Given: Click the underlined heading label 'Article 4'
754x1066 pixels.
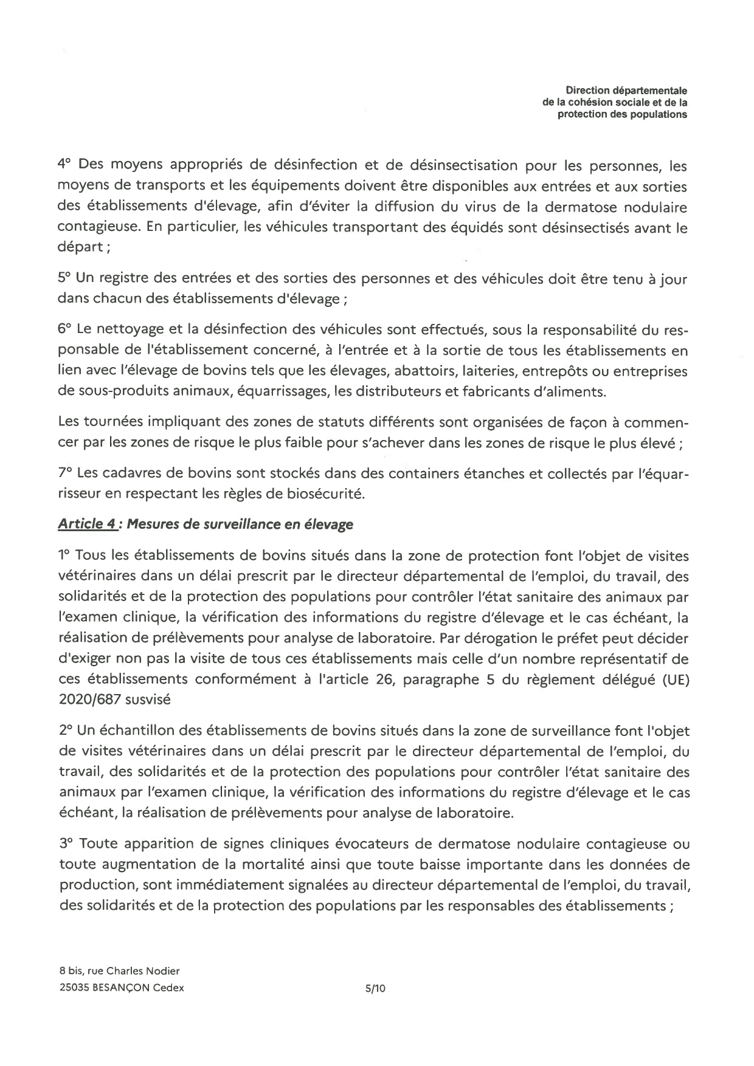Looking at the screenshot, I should point(88,524).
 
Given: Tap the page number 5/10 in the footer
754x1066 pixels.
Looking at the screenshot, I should point(375,988).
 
